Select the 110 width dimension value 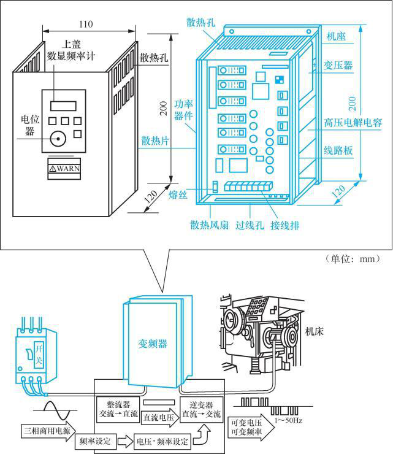click(86, 24)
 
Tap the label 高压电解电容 click(353, 123)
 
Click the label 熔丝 click(178, 195)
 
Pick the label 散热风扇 click(209, 225)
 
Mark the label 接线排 click(285, 225)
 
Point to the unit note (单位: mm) click(353, 258)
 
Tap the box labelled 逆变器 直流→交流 click(200, 410)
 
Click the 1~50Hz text click(288, 420)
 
